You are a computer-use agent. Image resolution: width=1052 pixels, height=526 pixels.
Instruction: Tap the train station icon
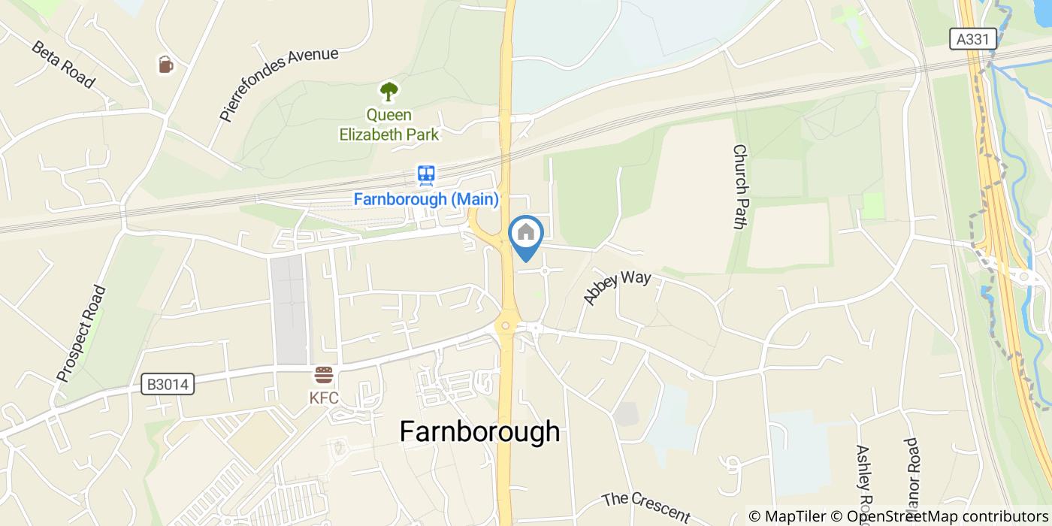(426, 176)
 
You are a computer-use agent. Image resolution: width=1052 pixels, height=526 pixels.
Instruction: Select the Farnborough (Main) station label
(426, 200)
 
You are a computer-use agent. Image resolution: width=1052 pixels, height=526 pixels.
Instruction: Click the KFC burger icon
(324, 375)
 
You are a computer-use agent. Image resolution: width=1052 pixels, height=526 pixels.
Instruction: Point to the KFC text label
(324, 398)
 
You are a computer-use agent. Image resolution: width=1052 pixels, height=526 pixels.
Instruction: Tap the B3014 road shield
(168, 385)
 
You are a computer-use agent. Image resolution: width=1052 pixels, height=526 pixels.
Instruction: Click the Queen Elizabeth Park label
(388, 125)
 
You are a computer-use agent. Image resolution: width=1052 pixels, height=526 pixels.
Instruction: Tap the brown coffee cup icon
(166, 65)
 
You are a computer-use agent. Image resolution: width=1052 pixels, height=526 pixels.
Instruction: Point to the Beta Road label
(63, 64)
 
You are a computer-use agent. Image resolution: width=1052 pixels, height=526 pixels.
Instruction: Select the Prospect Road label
(83, 332)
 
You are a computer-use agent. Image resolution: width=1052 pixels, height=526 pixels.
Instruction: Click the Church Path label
(740, 187)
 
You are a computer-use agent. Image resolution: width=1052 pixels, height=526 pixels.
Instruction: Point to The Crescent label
(645, 507)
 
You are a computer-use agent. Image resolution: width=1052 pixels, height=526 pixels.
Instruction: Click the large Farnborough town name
(479, 432)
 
